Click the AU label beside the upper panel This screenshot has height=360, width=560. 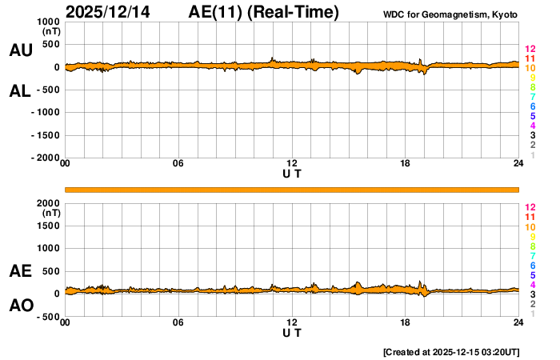[21, 50]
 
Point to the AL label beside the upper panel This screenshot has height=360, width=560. [21, 90]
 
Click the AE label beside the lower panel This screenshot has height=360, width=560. [21, 271]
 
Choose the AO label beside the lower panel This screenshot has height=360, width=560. [21, 306]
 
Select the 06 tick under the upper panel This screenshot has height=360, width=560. [178, 164]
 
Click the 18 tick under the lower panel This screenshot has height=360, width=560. [405, 322]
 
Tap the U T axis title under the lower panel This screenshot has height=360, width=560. [292, 332]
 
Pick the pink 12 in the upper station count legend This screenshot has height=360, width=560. [529, 50]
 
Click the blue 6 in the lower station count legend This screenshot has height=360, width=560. [532, 265]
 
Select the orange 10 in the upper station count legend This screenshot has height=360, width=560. [529, 69]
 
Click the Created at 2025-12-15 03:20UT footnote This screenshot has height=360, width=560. [451, 351]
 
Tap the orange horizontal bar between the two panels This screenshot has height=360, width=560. [292, 189]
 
